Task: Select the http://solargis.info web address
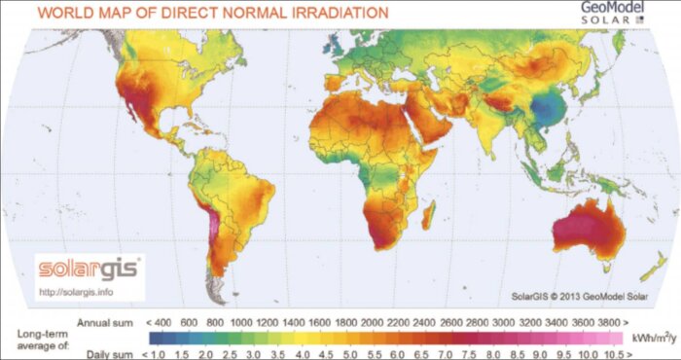(76, 290)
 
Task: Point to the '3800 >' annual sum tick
(610, 318)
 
